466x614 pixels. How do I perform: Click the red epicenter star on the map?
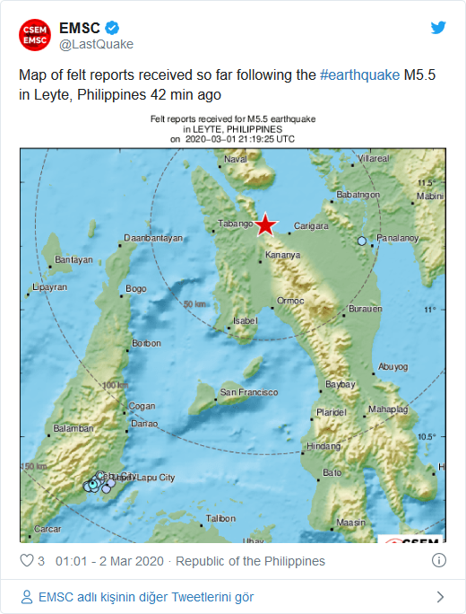(265, 225)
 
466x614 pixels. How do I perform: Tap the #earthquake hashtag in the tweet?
(359, 75)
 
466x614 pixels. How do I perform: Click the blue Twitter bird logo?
(438, 27)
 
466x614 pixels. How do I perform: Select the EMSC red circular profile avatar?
(35, 34)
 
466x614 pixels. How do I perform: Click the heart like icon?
(27, 561)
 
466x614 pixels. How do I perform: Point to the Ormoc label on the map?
(290, 300)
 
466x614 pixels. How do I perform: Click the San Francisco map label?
(248, 392)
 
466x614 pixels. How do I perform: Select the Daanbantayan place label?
(153, 238)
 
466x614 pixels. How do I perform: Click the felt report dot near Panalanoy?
(362, 241)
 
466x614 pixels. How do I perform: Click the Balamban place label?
(73, 428)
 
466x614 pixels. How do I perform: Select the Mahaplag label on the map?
(387, 410)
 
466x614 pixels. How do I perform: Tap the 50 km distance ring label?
(194, 304)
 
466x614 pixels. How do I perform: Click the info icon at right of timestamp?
(439, 561)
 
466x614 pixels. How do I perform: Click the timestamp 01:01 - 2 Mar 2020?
(109, 561)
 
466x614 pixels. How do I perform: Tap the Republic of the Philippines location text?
(250, 561)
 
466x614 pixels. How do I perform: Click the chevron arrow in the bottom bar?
(439, 596)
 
